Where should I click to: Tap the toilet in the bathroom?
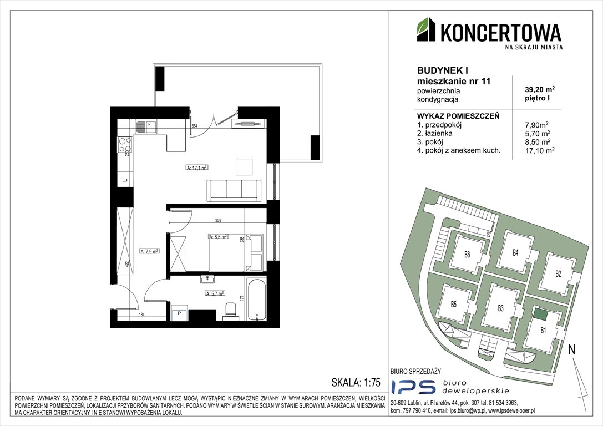pos(230,312)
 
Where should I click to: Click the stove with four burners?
pos(125,145)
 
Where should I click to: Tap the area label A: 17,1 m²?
pos(196,167)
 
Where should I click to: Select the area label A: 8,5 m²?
pos(218,236)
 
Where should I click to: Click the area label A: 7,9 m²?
pos(150,251)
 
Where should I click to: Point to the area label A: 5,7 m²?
pos(215,293)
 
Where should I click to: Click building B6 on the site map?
pos(467,255)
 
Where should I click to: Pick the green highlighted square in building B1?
pos(540,315)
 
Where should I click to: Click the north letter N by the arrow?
pos(571,349)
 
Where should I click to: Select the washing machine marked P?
pos(180,313)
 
